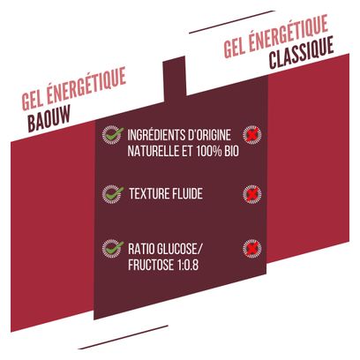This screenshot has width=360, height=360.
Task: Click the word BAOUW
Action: (49, 118)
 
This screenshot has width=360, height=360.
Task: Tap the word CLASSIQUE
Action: (301, 53)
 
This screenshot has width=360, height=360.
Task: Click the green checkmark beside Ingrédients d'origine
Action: (113, 134)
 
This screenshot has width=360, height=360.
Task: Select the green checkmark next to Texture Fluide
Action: (113, 194)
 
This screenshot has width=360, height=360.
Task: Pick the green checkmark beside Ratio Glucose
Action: (113, 249)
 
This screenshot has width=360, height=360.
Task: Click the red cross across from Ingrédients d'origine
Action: (252, 135)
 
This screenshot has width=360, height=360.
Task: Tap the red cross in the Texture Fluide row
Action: (252, 194)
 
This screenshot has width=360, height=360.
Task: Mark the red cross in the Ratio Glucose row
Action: (252, 249)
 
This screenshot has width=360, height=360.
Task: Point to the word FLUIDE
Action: (186, 194)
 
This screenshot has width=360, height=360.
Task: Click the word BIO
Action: (231, 152)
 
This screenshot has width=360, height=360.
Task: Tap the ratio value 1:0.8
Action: (188, 265)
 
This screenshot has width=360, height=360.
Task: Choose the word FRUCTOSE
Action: (151, 265)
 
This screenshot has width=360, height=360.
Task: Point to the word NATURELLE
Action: (151, 152)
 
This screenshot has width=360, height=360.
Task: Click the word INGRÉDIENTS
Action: (152, 135)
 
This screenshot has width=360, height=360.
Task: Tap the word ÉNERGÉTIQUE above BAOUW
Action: (86, 85)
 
